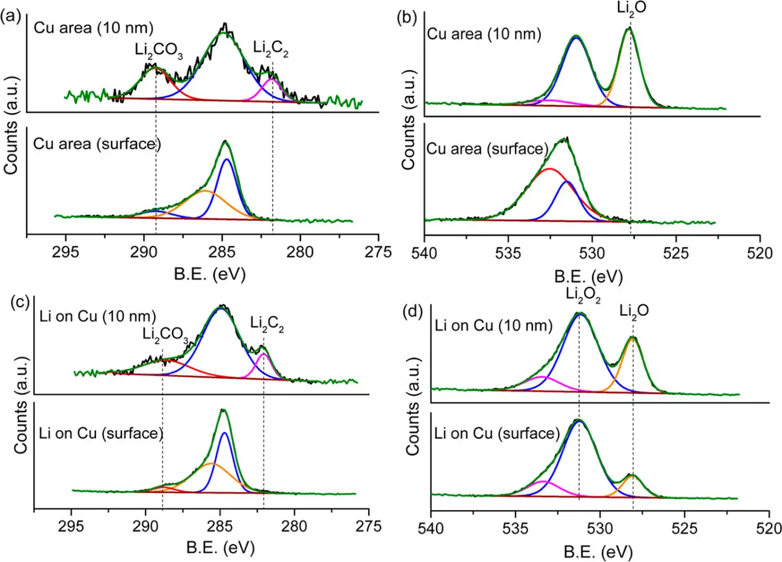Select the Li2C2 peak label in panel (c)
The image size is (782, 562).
pyautogui.click(x=268, y=322)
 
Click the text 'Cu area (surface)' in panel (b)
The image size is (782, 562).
pyautogui.click(x=487, y=149)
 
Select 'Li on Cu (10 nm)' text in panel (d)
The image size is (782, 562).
pyautogui.click(x=494, y=326)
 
